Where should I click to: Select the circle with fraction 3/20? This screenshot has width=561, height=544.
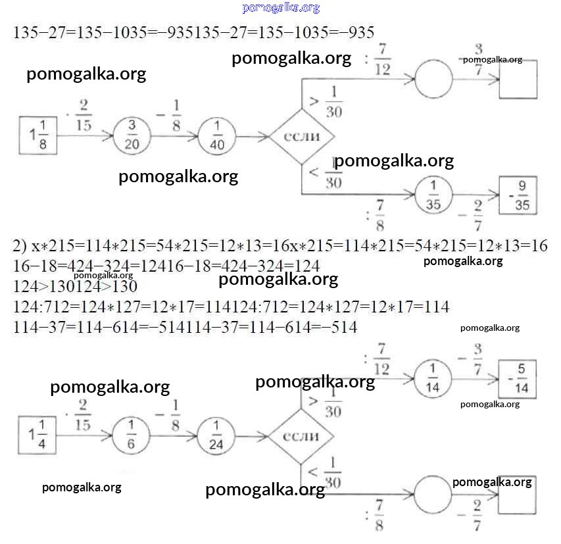coord(132,136)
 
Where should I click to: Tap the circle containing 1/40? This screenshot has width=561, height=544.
coord(216,136)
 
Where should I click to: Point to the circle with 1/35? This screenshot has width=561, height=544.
coord(434,195)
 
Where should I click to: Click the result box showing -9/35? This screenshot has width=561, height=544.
coord(518,195)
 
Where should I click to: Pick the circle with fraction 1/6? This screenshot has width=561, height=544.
coord(132,435)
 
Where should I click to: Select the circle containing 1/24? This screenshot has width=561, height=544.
coord(216,436)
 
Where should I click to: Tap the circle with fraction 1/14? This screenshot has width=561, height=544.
coord(434,379)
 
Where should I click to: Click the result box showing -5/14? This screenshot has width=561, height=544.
coord(518,379)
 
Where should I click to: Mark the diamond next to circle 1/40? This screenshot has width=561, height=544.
coord(302,137)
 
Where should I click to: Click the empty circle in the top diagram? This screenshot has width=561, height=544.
coord(434,79)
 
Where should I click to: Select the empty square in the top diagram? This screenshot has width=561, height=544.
coord(518,80)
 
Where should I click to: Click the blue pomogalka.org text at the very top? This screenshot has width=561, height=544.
coord(281,8)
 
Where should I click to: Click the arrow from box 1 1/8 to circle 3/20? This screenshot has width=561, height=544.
coord(85,137)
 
